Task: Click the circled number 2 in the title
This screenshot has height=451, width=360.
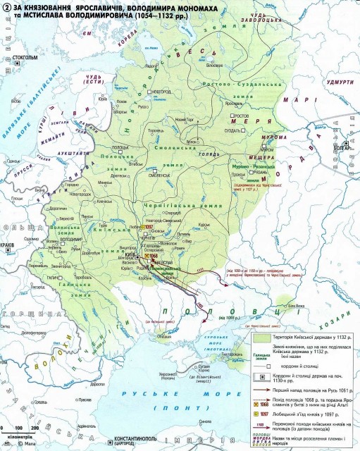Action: click(7, 6)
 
